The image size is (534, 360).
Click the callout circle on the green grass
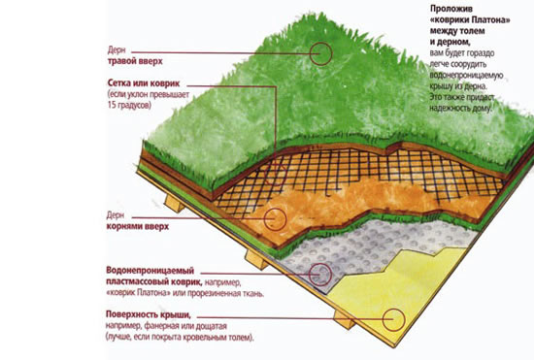310,53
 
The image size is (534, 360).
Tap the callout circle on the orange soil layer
264,219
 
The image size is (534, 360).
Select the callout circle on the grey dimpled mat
309,275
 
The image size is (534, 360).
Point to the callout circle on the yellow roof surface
383,320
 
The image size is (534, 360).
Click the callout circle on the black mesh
264,174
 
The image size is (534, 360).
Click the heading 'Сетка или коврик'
144,83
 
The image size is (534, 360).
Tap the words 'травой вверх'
135,61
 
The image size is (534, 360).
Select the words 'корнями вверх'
138,227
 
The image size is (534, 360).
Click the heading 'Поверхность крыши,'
149,314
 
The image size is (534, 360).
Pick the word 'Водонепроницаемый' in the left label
150,271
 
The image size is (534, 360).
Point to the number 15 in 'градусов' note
112,106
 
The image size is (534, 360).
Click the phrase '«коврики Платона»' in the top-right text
470,19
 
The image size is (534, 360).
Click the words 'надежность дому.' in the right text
461,109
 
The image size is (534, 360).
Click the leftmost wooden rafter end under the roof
175,204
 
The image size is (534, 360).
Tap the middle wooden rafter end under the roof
256,260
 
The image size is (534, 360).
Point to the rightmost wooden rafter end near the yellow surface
344,320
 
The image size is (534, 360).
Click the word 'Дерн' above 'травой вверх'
117,50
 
